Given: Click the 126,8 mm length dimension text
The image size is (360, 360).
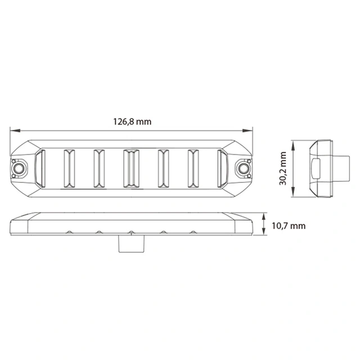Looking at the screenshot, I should pyautogui.click(x=132, y=121).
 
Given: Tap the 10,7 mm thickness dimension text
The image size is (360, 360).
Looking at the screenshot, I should pyautogui.click(x=288, y=226).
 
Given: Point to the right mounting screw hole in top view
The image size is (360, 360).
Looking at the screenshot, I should pyautogui.click(x=244, y=168).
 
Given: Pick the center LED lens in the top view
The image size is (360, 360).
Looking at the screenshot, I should pyautogui.click(x=130, y=168).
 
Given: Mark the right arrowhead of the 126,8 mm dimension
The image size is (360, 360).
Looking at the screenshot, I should pyautogui.click(x=252, y=130).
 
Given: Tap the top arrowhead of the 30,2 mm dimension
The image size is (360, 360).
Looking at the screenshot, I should pyautogui.click(x=293, y=142).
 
